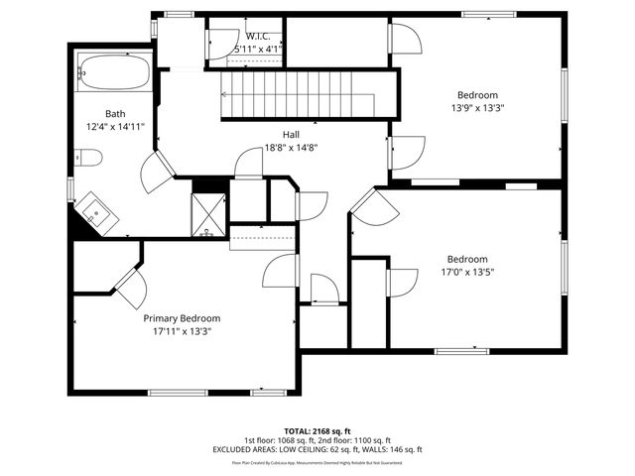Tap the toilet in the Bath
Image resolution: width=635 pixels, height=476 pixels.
pos(87,158)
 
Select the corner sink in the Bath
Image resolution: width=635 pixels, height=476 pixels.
pos(96,210)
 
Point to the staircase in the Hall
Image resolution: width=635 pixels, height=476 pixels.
pos(299,96)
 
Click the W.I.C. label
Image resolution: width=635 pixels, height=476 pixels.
pos(258,35)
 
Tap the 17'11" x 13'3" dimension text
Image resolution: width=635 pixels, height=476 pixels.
pos(182,331)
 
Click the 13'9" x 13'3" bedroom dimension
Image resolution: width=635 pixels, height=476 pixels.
pos(477,109)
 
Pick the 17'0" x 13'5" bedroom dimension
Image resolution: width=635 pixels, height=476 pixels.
pos(466,272)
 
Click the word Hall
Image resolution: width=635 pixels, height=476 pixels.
pos(291,135)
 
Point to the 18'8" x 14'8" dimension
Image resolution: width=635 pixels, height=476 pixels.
pos(291,148)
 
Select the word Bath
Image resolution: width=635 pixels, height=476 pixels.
pos(116,113)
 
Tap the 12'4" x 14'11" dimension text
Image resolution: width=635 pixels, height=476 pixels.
pos(116,126)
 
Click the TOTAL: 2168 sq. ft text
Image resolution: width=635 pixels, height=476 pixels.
pos(317,431)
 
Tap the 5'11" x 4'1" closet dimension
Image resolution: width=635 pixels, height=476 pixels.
pos(258,48)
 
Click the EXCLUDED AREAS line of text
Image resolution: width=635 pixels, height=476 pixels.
pos(317,450)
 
